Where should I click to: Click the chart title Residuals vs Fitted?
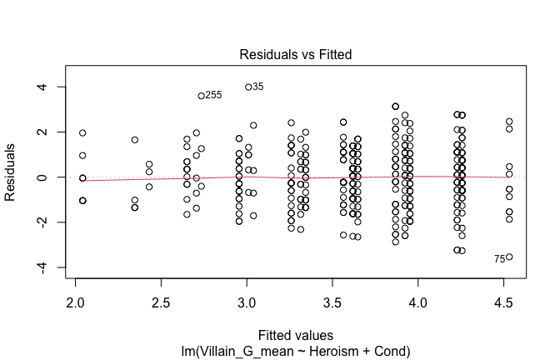click(296, 55)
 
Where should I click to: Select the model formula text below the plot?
click(296, 352)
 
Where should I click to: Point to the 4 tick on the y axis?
click(39, 87)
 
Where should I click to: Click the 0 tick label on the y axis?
click(39, 177)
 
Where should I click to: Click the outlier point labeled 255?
click(201, 96)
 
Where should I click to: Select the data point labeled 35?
click(248, 87)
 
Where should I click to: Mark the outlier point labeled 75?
click(509, 257)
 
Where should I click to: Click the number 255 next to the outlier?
click(214, 96)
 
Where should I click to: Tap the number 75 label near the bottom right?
click(499, 259)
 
